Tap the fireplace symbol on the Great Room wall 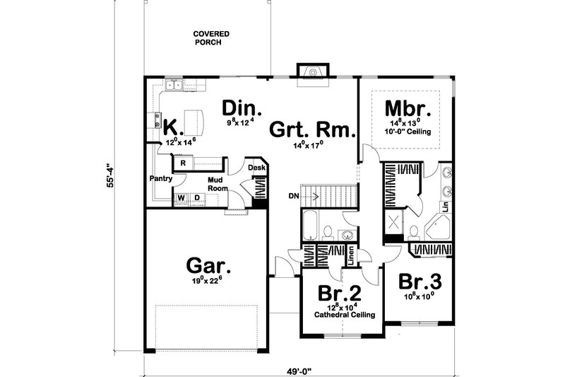[310, 74]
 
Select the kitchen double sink [174, 86]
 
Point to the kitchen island [192, 119]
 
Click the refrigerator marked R [183, 163]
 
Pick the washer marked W [182, 197]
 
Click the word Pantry [161, 179]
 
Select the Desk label [256, 168]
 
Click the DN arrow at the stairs [296, 195]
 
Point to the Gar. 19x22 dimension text [208, 279]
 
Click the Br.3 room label [420, 281]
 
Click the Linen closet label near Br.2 [351, 257]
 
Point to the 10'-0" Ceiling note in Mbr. [408, 132]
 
